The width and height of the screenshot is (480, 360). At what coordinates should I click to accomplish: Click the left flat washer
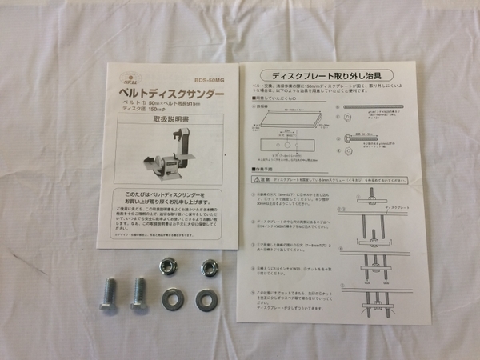point(171,300)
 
